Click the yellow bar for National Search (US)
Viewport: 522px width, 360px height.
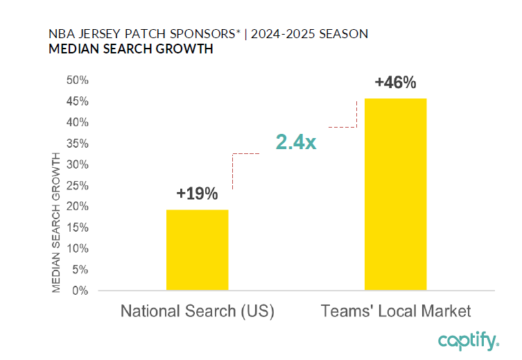[197, 250]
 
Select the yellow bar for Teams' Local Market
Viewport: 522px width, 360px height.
[395, 194]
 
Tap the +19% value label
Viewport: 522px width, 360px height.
[197, 194]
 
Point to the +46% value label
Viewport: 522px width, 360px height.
[395, 83]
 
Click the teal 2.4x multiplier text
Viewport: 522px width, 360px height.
[296, 142]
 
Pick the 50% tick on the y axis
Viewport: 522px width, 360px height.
[78, 80]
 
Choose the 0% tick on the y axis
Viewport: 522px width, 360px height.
[80, 291]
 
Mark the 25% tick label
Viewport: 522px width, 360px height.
[78, 185]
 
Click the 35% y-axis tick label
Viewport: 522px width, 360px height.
[78, 144]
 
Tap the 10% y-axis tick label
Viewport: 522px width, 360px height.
[78, 248]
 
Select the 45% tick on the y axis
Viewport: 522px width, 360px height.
[78, 101]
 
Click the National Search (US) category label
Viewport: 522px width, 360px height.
[198, 311]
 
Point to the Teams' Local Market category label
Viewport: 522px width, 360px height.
[396, 311]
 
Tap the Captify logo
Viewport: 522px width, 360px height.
[468, 341]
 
